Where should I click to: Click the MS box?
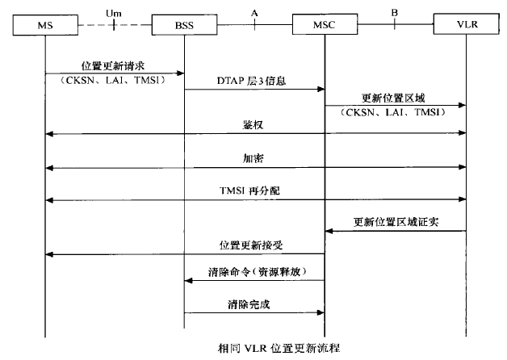pyautogui.click(x=46, y=26)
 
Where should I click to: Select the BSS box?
pyautogui.click(x=185, y=26)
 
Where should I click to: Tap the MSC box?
pyautogui.click(x=325, y=26)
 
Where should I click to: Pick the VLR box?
pyautogui.click(x=466, y=26)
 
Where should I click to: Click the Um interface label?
pyautogui.click(x=115, y=12)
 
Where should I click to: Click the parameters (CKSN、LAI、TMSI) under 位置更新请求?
pyautogui.click(x=115, y=81)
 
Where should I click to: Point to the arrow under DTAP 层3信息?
pyautogui.click(x=254, y=89)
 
